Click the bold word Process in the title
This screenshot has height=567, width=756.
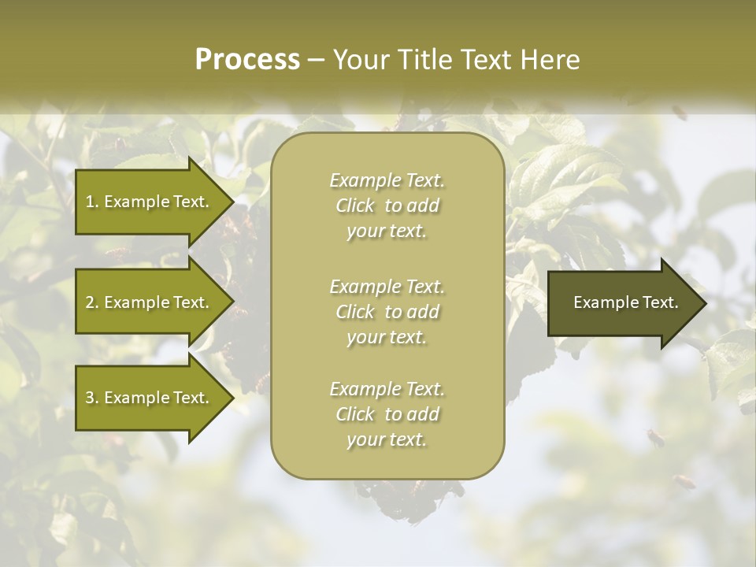tap(247, 60)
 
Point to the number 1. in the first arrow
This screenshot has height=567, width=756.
tap(91, 202)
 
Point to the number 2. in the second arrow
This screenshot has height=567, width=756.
tap(91, 302)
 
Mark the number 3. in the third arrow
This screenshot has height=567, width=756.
tap(91, 398)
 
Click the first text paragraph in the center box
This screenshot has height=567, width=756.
tap(387, 206)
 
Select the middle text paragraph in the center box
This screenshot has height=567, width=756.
tap(387, 312)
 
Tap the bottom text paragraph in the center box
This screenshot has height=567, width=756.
tap(387, 414)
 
